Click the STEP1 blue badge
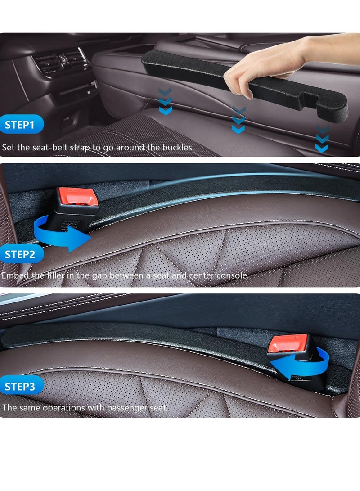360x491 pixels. pyautogui.click(x=22, y=125)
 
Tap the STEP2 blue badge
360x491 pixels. pyautogui.click(x=22, y=254)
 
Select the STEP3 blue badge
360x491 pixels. pyautogui.click(x=22, y=386)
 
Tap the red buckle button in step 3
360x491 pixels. pyautogui.click(x=288, y=343)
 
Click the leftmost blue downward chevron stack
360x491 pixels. pyautogui.click(x=166, y=102)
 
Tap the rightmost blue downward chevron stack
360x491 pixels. pyautogui.click(x=322, y=140)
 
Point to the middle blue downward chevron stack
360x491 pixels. pyautogui.click(x=238, y=121)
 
